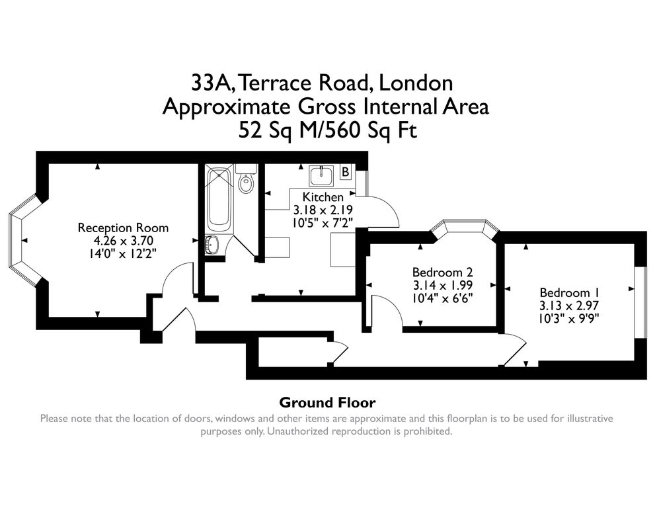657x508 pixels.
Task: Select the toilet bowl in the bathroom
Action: pyautogui.click(x=246, y=183)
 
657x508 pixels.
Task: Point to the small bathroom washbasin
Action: pyautogui.click(x=213, y=244)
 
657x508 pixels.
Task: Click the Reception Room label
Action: pyautogui.click(x=123, y=228)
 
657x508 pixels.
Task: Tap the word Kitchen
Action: pyautogui.click(x=323, y=196)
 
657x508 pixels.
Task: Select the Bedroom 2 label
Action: pyautogui.click(x=442, y=272)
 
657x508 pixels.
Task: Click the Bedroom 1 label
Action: pyautogui.click(x=570, y=292)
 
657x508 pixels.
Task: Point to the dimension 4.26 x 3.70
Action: pyautogui.click(x=123, y=240)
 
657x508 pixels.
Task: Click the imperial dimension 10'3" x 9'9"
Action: pyautogui.click(x=570, y=317)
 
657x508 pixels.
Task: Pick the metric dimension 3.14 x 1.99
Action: pyautogui.click(x=442, y=284)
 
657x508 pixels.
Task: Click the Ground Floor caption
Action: pyautogui.click(x=327, y=402)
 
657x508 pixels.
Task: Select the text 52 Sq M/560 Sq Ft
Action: pyautogui.click(x=328, y=130)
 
